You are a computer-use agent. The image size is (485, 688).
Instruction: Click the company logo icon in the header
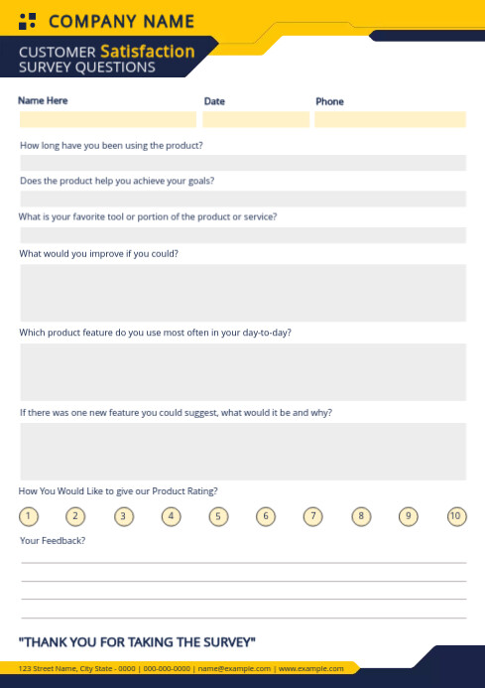click(28, 21)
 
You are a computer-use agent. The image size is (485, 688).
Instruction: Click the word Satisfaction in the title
click(147, 51)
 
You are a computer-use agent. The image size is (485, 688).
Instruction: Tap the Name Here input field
click(108, 119)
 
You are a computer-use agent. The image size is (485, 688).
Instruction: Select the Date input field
click(256, 119)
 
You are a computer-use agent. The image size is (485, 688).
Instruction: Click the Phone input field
click(390, 119)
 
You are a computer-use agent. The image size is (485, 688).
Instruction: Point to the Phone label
click(329, 101)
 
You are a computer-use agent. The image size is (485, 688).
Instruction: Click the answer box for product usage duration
click(243, 163)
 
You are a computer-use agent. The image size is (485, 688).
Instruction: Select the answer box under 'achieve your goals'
click(243, 199)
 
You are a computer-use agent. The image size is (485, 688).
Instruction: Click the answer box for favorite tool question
click(243, 235)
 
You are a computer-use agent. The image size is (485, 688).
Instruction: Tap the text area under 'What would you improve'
click(243, 293)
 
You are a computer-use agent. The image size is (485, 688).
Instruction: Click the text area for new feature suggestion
click(243, 452)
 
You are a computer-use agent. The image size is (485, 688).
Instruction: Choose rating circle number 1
click(29, 516)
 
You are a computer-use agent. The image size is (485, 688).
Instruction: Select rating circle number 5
click(219, 516)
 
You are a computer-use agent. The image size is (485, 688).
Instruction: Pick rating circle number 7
click(313, 516)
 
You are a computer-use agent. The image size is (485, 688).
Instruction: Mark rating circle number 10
click(456, 516)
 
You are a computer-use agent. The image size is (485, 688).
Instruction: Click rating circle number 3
click(124, 516)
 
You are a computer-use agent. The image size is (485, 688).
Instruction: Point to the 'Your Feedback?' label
click(53, 541)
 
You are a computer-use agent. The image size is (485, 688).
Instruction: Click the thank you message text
click(138, 641)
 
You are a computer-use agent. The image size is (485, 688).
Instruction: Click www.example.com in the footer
click(311, 669)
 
